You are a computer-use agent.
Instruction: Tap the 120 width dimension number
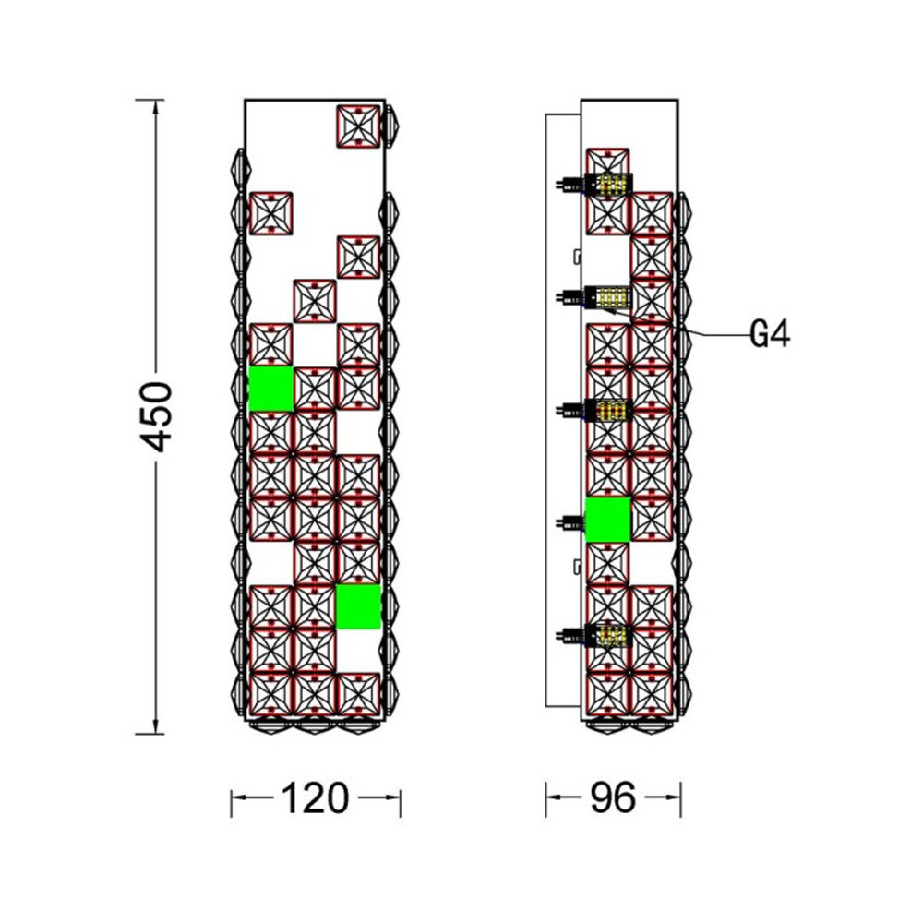point(316,798)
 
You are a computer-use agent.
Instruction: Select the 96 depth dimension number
point(613,798)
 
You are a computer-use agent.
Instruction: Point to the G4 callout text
point(770,335)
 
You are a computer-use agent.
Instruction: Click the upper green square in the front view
point(270,389)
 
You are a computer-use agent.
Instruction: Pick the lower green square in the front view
point(358,606)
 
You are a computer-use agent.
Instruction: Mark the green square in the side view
point(608,520)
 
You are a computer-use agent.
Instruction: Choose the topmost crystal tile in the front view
point(358,126)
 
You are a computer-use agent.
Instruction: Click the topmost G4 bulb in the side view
point(594,186)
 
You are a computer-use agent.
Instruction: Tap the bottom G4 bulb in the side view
point(594,635)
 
